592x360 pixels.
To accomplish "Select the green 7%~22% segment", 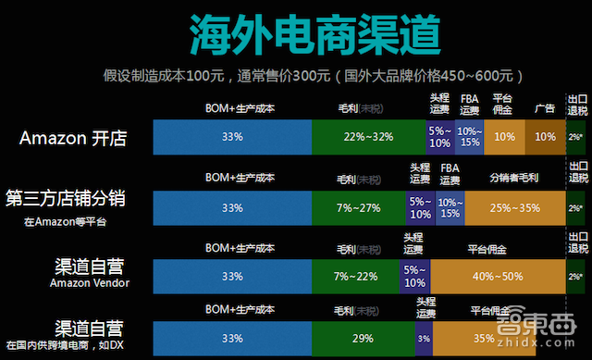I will pos(355,277).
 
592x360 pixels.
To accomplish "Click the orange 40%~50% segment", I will pos(497,277).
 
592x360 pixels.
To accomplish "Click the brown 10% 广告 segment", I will pos(545,137).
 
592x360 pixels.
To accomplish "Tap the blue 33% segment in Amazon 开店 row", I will pos(232,137).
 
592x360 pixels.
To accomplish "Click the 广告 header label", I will pos(545,107).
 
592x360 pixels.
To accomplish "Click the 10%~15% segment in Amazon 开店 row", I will pos(470,137).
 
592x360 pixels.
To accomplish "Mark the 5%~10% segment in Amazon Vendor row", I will pos(414,277).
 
